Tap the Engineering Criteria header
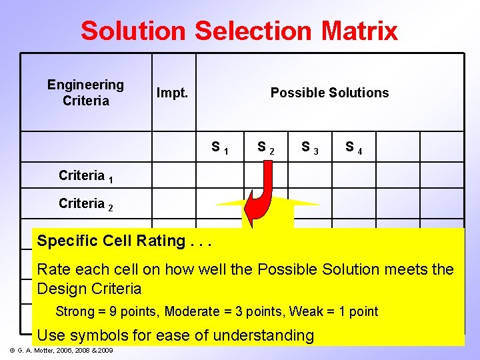(85, 93)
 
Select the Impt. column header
(172, 93)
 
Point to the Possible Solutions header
(329, 93)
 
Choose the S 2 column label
(265, 147)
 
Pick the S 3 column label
(309, 147)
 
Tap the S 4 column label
(353, 147)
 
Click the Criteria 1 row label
(85, 176)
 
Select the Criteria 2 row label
(85, 204)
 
